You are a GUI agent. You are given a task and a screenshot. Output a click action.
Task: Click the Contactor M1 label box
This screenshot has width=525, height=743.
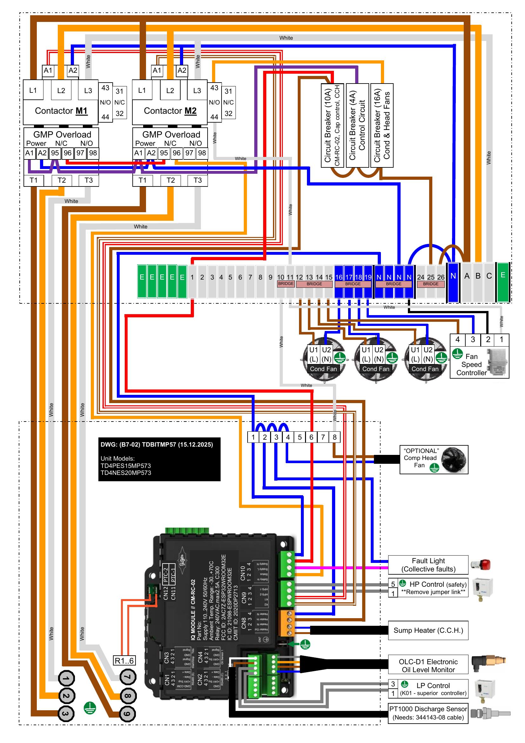61,111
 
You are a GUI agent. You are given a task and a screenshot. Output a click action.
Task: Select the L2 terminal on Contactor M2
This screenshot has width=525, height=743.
170,91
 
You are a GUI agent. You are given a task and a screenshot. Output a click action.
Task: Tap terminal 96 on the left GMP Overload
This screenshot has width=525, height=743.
68,153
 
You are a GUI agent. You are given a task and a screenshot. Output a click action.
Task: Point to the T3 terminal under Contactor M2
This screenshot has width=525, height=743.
197,180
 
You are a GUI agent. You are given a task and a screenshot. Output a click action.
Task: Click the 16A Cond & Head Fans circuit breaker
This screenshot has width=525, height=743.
382,125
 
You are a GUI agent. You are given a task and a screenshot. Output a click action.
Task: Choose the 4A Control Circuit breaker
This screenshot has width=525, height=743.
357,125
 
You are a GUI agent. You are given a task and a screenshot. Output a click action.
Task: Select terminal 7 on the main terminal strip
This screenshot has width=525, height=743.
250,277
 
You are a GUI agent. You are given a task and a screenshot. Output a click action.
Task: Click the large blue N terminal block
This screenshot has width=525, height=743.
453,281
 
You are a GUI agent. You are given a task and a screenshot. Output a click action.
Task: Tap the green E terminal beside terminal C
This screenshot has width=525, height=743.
503,281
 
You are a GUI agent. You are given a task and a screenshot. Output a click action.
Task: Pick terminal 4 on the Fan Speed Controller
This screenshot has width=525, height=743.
457,340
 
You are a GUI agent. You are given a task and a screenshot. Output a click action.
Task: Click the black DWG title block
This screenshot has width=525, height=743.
159,459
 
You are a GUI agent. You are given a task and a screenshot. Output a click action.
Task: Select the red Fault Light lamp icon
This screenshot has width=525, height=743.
481,565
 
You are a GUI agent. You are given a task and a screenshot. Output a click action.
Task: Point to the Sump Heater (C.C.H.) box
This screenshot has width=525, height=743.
428,630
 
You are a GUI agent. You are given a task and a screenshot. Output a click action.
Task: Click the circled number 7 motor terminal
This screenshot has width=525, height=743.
128,677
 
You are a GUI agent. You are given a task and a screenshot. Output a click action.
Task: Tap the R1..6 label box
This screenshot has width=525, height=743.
124,660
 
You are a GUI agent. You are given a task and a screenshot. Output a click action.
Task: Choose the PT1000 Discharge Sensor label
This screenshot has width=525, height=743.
428,713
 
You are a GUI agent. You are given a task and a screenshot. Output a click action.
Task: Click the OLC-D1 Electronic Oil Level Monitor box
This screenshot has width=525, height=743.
428,666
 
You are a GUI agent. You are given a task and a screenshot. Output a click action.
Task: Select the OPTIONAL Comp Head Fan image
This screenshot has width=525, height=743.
454,460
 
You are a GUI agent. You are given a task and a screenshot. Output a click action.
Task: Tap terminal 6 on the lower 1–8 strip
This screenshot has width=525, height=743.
311,437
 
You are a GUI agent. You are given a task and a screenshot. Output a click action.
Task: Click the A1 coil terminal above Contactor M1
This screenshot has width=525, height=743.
48,71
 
